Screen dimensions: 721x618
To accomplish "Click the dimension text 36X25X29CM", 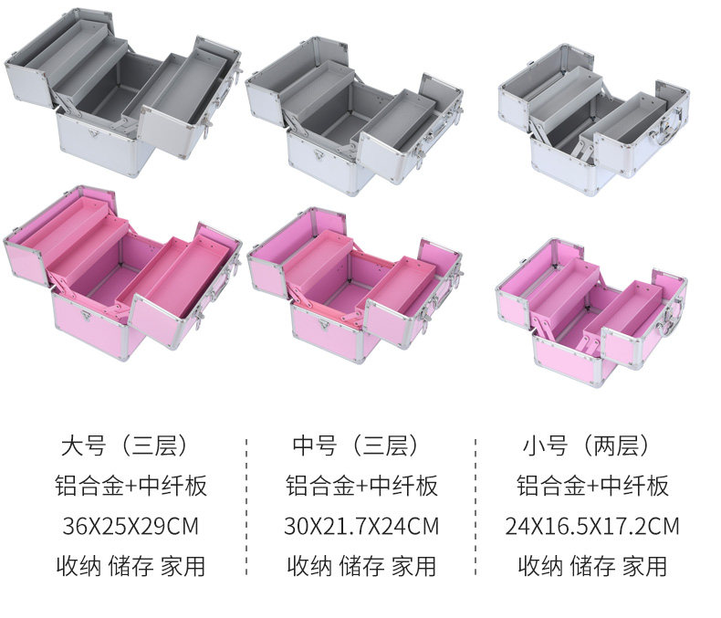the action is (x=131, y=526).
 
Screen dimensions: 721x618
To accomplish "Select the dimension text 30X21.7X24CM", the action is (x=361, y=526).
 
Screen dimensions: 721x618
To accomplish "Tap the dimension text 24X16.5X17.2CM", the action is (x=592, y=526).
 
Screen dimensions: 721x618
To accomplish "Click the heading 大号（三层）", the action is (x=124, y=445).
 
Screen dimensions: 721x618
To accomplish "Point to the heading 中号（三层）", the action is (x=355, y=445).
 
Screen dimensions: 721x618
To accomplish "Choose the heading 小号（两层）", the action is (x=586, y=445).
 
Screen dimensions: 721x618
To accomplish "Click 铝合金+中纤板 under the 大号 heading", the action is (x=131, y=486).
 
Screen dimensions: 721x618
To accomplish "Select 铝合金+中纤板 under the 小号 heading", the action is (x=592, y=486).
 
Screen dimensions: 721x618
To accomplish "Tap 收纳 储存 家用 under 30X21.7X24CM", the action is (x=361, y=566).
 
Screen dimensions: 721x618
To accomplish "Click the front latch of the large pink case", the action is (x=86, y=316).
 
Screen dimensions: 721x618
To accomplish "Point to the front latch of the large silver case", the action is (x=94, y=134).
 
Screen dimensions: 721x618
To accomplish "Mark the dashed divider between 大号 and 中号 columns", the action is (x=246, y=507).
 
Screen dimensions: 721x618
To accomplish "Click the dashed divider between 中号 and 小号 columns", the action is (x=475, y=507).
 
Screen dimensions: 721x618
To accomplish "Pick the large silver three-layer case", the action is (x=123, y=92).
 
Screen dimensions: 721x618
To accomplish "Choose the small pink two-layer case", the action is (x=591, y=313).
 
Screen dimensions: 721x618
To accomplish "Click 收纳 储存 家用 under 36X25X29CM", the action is (x=131, y=566).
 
